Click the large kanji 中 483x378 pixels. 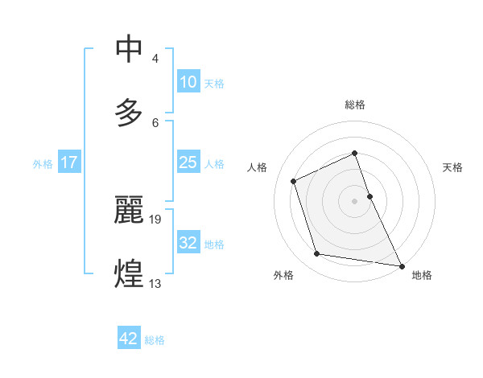[x=130, y=49]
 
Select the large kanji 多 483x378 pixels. [x=130, y=112]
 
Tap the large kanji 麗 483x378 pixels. [x=130, y=210]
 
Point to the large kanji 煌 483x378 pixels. [x=130, y=273]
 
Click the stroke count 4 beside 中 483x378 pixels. [x=155, y=59]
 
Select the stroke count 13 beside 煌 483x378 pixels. [x=156, y=282]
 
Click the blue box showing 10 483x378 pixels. [x=188, y=82]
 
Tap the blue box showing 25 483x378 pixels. [x=188, y=162]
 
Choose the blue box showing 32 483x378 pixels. [x=188, y=243]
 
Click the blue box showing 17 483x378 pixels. [x=69, y=162]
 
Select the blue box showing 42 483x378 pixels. [x=129, y=339]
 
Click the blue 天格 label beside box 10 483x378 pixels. [x=214, y=83]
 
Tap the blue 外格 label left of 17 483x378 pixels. [x=43, y=163]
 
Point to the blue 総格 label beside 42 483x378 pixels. [x=155, y=339]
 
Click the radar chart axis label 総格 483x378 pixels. [x=355, y=105]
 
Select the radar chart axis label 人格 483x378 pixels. [x=257, y=166]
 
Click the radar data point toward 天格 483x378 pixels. [x=369, y=196]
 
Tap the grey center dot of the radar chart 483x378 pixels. [x=355, y=201]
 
